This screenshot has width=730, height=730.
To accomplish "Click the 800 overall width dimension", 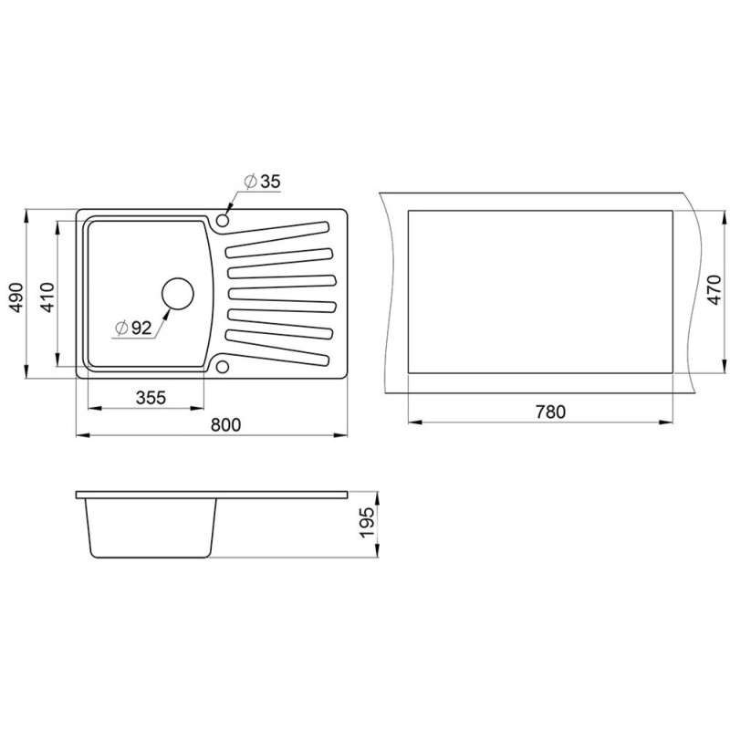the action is [225, 424].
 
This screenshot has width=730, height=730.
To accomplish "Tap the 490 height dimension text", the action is [16, 297].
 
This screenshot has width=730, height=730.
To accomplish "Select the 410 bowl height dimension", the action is [48, 297].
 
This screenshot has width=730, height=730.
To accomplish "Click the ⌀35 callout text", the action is [263, 182].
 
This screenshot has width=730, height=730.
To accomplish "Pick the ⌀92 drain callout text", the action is [133, 328].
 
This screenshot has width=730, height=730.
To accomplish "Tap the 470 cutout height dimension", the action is [714, 290].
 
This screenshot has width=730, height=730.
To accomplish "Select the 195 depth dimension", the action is [367, 523].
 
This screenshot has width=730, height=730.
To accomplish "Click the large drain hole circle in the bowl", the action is [178, 294].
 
